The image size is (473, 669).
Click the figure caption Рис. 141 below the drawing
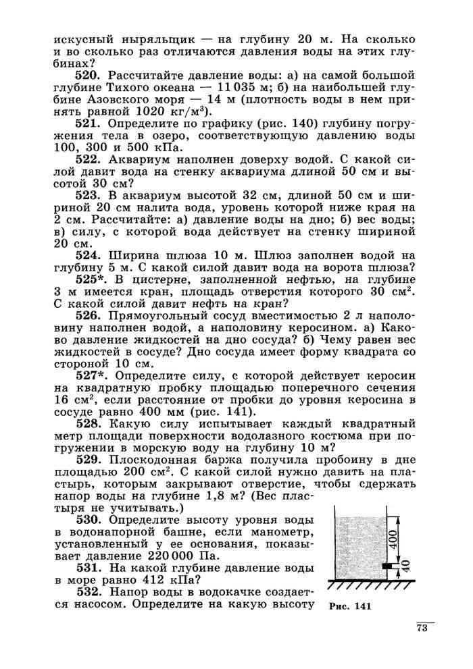tap(351, 605)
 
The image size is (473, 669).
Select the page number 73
tap(423, 631)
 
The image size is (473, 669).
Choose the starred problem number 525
tap(89, 279)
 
